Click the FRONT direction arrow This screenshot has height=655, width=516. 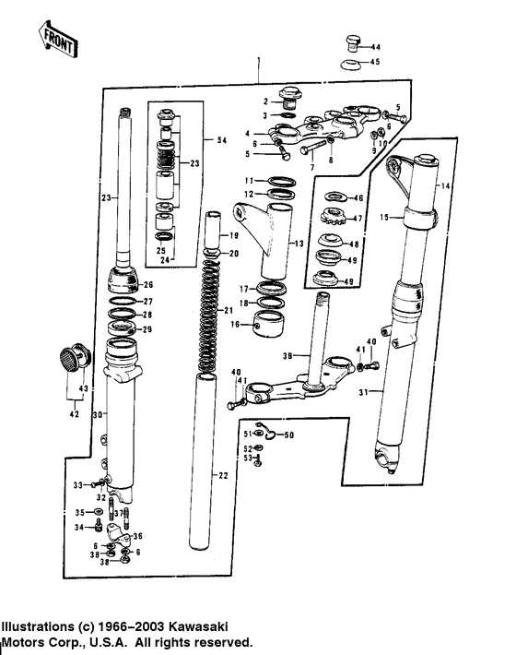(x=57, y=37)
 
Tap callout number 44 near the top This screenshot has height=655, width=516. (x=375, y=46)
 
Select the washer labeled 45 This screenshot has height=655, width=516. (x=349, y=63)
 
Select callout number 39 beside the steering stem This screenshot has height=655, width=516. (x=287, y=355)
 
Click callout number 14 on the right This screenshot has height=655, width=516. (x=446, y=187)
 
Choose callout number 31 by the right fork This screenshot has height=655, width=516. (x=363, y=393)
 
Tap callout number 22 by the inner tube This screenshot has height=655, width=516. (x=222, y=475)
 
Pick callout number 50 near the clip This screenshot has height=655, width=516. (x=287, y=435)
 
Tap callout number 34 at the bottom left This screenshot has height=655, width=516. (x=79, y=528)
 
